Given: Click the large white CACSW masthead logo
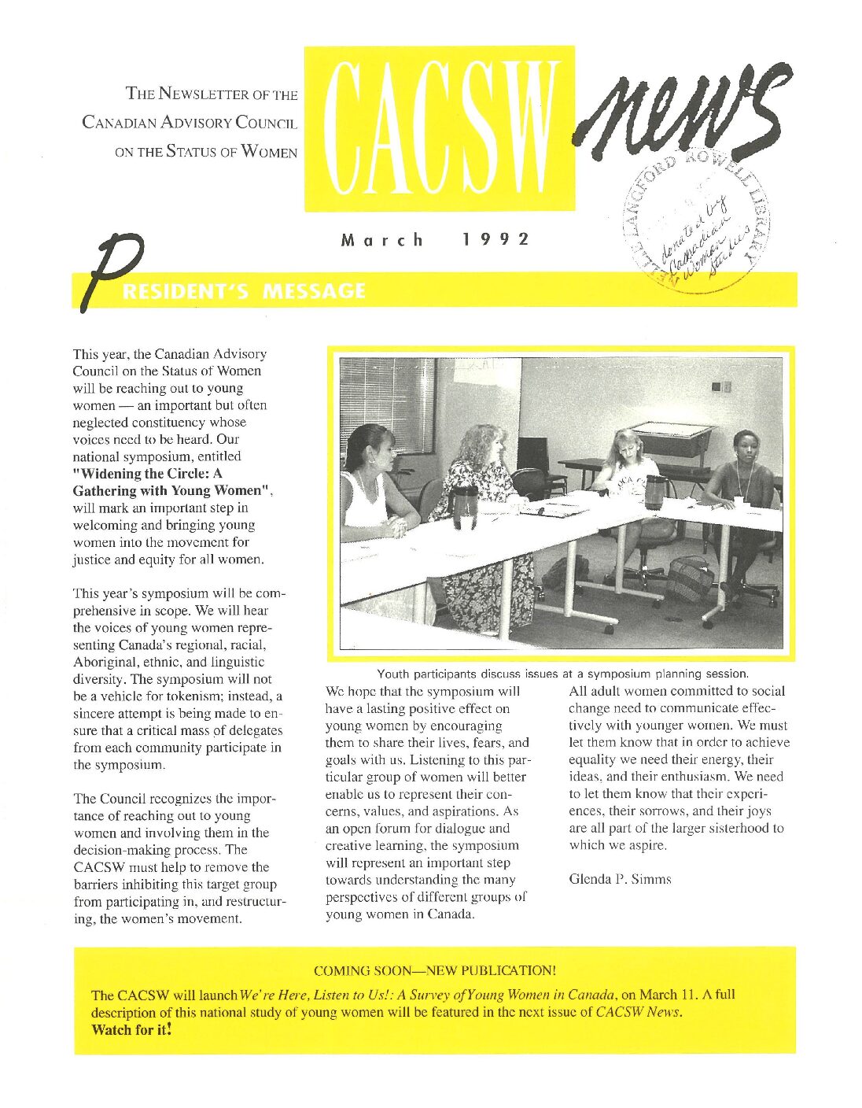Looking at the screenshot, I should pyautogui.click(x=439, y=128).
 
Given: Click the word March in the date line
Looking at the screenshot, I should pyautogui.click(x=382, y=239).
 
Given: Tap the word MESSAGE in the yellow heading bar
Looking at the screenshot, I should pyautogui.click(x=314, y=291).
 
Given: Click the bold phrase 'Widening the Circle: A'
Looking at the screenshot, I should pyautogui.click(x=148, y=474).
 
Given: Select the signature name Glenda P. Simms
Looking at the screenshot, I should pyautogui.click(x=620, y=879).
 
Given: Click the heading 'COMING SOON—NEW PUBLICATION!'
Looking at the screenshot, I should pyautogui.click(x=434, y=970).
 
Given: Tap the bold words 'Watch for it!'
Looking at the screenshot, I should pyautogui.click(x=131, y=1029).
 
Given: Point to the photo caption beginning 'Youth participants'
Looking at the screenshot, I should pyautogui.click(x=562, y=674).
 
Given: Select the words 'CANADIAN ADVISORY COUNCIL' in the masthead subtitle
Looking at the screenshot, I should pyautogui.click(x=190, y=123).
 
